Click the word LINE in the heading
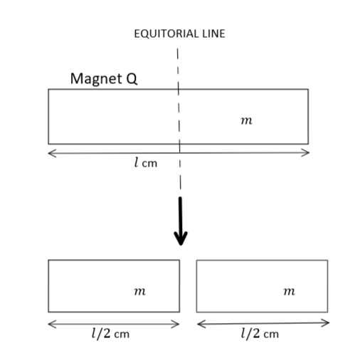coord(213,33)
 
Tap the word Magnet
coord(96,79)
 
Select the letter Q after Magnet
coord(132,78)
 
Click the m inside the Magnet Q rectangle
coord(247,120)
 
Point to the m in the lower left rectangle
coord(140,291)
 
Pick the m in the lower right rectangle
coord(290,291)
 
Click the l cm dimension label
coord(146,163)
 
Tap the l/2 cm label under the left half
coord(110,333)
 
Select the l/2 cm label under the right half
coord(260,333)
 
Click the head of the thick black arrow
coord(181,238)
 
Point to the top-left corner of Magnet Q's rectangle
coord(48,89)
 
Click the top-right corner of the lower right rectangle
coord(328,261)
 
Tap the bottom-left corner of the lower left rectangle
coord(48,312)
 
